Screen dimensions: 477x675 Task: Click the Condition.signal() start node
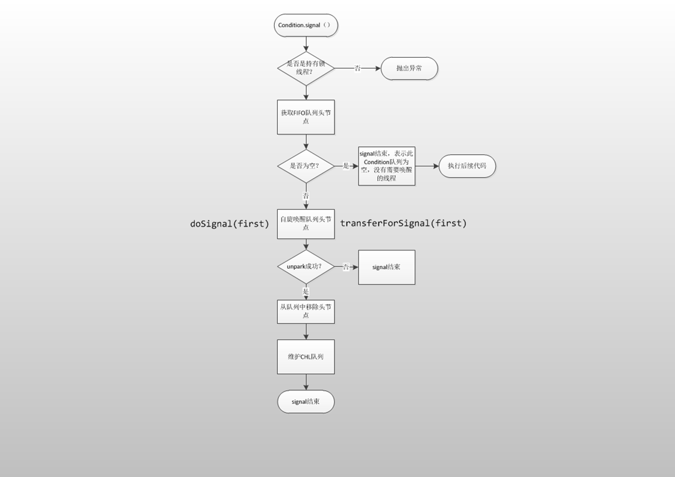pyautogui.click(x=306, y=26)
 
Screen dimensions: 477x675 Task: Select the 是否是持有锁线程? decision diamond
pyautogui.click(x=306, y=68)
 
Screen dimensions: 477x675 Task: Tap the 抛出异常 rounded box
pyautogui.click(x=409, y=69)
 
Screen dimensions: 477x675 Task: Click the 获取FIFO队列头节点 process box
pyautogui.click(x=306, y=117)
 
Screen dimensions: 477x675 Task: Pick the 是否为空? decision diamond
pyautogui.click(x=306, y=166)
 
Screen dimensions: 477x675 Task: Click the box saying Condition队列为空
pyautogui.click(x=386, y=166)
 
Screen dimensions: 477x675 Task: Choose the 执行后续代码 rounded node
pyautogui.click(x=467, y=166)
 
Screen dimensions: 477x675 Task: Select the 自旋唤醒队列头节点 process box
pyautogui.click(x=306, y=223)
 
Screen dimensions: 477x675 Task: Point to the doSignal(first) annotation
pyautogui.click(x=230, y=223)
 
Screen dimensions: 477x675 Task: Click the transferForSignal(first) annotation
pyautogui.click(x=403, y=223)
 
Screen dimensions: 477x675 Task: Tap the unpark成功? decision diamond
pyautogui.click(x=306, y=267)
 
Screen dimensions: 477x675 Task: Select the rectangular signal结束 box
pyautogui.click(x=386, y=267)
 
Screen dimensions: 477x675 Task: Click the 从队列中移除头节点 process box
pyautogui.click(x=306, y=311)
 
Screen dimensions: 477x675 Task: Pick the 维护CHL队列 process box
pyautogui.click(x=306, y=357)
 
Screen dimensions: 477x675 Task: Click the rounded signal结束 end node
pyautogui.click(x=306, y=402)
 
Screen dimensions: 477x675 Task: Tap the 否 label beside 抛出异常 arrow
pyautogui.click(x=357, y=69)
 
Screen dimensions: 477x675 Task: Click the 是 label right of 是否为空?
pyautogui.click(x=346, y=166)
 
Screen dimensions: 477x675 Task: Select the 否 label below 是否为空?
pyautogui.click(x=306, y=196)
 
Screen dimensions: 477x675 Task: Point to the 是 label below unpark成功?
pyautogui.click(x=306, y=291)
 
